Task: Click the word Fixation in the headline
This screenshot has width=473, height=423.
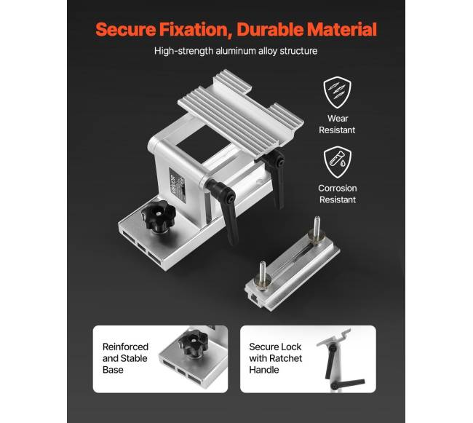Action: pyautogui.click(x=196, y=30)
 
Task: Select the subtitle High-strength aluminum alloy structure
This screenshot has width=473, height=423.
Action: pyautogui.click(x=236, y=51)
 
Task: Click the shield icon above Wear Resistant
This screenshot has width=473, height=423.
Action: pyautogui.click(x=337, y=92)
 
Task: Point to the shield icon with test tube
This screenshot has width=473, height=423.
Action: pyautogui.click(x=337, y=162)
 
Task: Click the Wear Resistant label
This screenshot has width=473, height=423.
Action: pyautogui.click(x=337, y=124)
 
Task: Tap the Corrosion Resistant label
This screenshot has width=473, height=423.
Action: pyautogui.click(x=337, y=194)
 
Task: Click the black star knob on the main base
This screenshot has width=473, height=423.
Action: pyautogui.click(x=159, y=216)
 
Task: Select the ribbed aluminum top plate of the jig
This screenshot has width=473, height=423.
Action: pyautogui.click(x=241, y=114)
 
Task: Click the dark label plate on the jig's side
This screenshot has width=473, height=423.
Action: pyautogui.click(x=178, y=185)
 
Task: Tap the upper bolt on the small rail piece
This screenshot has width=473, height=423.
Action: pyautogui.click(x=316, y=230)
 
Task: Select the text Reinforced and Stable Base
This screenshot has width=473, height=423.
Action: pyautogui.click(x=125, y=358)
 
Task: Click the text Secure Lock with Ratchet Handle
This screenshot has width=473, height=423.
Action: pyautogui.click(x=275, y=358)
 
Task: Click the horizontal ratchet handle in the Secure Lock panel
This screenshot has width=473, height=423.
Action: pyautogui.click(x=348, y=384)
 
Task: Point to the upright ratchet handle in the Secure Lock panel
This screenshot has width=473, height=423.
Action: pyautogui.click(x=330, y=362)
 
